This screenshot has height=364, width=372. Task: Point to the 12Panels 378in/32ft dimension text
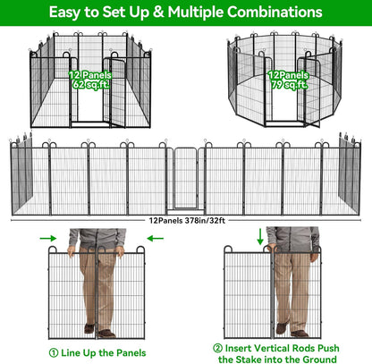tap(185, 218)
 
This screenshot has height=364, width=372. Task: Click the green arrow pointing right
tap(51, 238)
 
